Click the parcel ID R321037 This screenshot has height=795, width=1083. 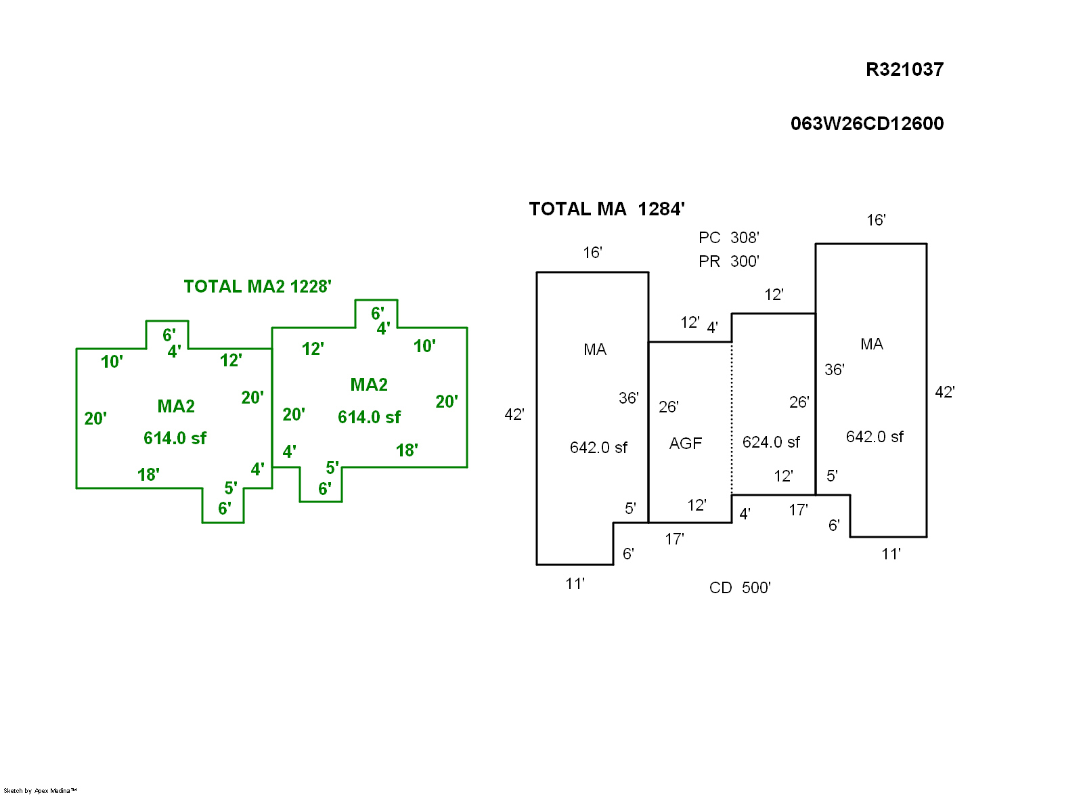pos(904,70)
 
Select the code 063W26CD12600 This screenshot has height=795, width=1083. pos(866,124)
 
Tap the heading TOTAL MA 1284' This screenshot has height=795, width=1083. pos(606,209)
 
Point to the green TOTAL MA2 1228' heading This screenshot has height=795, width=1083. pos(257,286)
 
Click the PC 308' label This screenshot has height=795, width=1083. pos(728,238)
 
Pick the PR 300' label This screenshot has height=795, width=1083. pos(728,261)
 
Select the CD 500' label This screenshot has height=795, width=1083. pos(740,588)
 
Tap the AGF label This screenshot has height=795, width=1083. pos(686,444)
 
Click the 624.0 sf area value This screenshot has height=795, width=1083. pos(771,442)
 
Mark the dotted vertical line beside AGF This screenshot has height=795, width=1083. pos(732,420)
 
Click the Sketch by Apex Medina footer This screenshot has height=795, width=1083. pos(40,790)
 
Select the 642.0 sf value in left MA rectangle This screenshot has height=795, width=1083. pos(598,448)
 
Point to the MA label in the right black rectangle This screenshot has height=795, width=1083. pos(872,344)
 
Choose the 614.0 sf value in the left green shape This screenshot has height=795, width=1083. pos(175,438)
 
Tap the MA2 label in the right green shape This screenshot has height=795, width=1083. pos(369,385)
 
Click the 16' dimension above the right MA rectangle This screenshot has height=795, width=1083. pos(876,220)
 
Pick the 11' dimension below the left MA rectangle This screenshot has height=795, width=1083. pos(575,584)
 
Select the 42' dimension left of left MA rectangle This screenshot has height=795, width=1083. pos(514,414)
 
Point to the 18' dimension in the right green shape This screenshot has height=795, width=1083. pos(407,450)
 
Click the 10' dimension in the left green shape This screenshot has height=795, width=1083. pos(112,362)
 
